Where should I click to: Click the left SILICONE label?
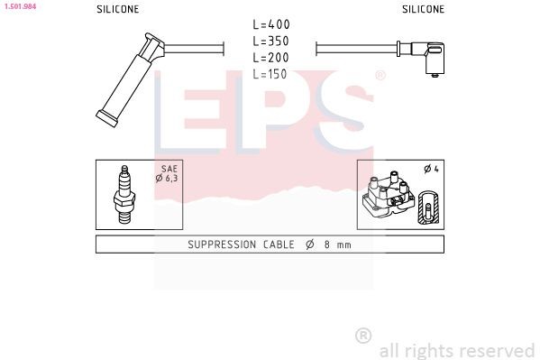point(118,9)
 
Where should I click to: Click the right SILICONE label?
point(423,9)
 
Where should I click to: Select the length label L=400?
point(270,25)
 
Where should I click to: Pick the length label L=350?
point(270,42)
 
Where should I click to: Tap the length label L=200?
point(270,58)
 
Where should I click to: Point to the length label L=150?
point(270,74)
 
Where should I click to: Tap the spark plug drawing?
point(124,195)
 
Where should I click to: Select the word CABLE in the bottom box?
point(279,245)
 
